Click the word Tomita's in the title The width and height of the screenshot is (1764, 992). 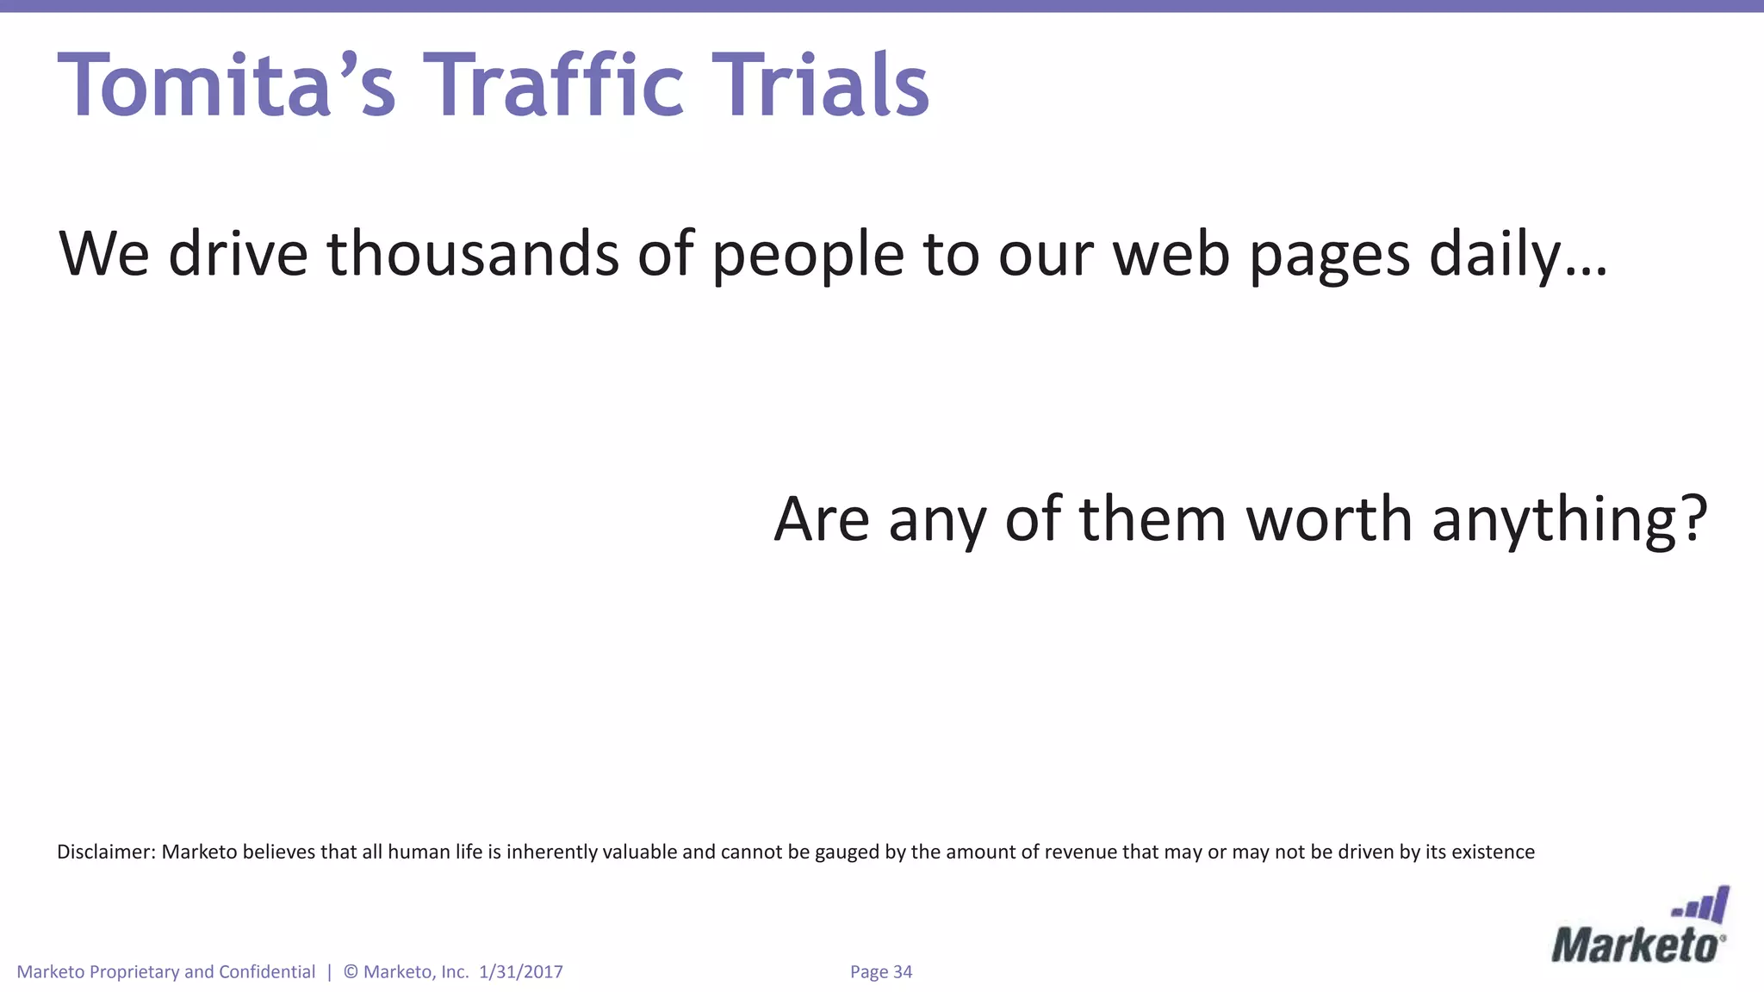(227, 85)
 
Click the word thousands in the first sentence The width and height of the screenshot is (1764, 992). (473, 254)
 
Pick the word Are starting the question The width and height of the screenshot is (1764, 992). (822, 519)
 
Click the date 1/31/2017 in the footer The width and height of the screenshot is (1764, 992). (520, 972)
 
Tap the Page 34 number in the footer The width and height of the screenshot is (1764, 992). (880, 972)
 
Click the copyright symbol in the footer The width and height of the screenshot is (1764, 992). (351, 972)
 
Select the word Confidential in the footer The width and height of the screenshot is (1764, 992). (267, 972)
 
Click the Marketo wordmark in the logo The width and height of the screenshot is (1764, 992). (1637, 945)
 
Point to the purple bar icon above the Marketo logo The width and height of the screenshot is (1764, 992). (1702, 906)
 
